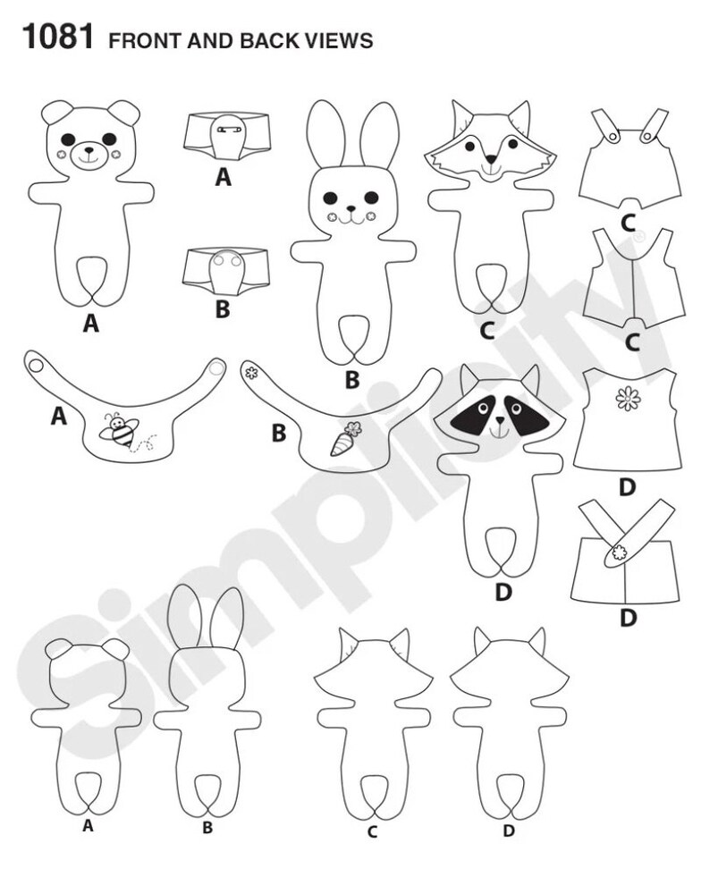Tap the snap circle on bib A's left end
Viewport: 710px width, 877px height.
pos(36,363)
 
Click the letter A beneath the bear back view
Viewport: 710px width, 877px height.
pos(88,827)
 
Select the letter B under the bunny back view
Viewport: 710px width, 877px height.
pos(207,829)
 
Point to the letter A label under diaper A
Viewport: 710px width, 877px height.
pos(224,178)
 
